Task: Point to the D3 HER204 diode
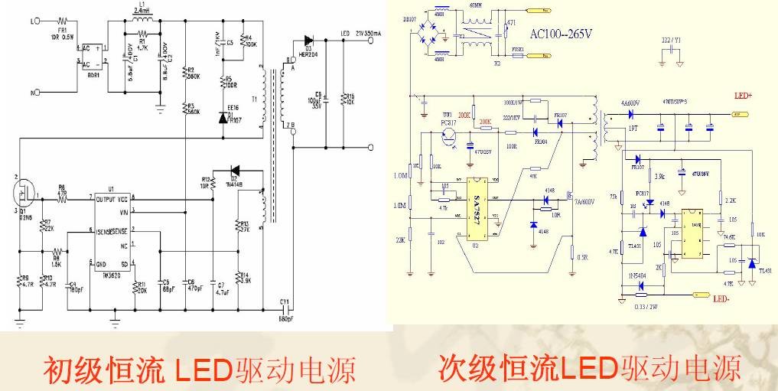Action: click(x=308, y=39)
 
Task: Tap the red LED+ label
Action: click(x=744, y=96)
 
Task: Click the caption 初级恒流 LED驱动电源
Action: click(x=199, y=370)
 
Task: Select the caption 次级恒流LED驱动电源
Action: click(x=589, y=368)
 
